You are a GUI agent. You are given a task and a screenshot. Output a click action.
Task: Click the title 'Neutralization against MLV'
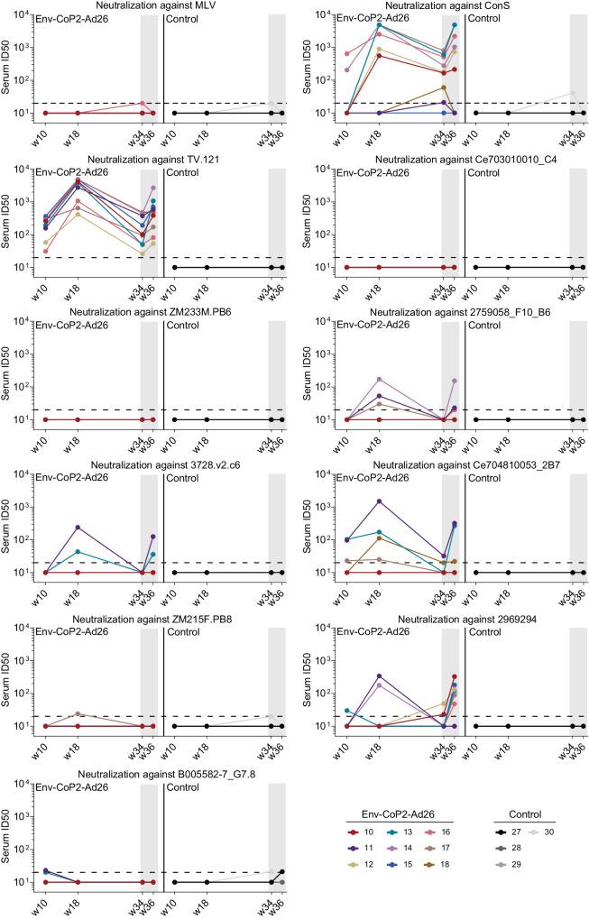pos(162,7)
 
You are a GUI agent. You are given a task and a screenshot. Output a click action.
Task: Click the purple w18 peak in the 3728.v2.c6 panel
pos(78,527)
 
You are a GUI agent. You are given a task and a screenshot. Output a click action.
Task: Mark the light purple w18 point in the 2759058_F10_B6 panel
pos(378,380)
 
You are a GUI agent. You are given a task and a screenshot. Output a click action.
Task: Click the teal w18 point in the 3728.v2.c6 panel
pos(78,551)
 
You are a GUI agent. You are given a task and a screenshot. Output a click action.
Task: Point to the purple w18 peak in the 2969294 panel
pos(378,675)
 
